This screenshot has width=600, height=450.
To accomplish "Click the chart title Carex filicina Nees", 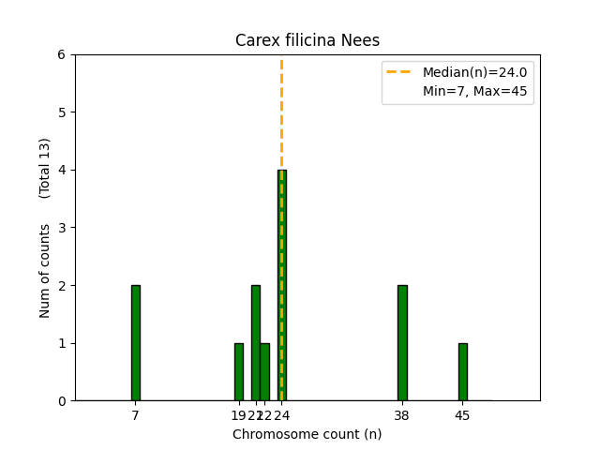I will tap(307, 40).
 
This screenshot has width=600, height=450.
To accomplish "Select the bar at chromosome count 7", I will tap(136, 342).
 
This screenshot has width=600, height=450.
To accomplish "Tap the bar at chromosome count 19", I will tap(238, 371).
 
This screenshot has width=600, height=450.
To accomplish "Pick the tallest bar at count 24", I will tap(281, 285).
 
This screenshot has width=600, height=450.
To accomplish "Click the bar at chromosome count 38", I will tap(402, 342).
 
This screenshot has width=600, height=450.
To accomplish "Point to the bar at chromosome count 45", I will tap(462, 371).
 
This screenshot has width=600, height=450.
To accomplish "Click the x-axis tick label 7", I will tap(136, 415).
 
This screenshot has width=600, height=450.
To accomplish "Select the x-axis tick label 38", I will tap(402, 415).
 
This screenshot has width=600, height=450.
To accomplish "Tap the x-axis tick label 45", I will tap(462, 415).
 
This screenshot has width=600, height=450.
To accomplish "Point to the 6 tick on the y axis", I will tap(61, 54).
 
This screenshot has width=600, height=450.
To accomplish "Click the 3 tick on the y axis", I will tap(61, 228).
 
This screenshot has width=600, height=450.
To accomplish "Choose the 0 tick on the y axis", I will tap(61, 400).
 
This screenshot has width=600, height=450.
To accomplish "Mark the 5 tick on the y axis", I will tap(61, 112).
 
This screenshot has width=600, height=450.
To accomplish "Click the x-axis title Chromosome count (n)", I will tap(307, 434).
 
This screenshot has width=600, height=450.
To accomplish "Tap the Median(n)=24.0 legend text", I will tap(474, 72).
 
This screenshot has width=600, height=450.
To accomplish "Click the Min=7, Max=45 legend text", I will tap(474, 91).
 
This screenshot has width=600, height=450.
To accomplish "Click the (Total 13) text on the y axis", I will tap(45, 168).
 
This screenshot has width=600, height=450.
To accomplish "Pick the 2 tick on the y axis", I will tap(61, 285).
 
